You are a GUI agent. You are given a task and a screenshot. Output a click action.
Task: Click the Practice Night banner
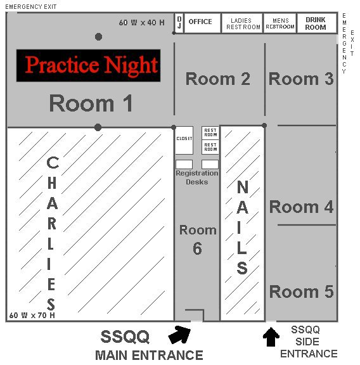[x=88, y=65]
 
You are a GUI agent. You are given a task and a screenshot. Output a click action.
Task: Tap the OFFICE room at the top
[x=202, y=23]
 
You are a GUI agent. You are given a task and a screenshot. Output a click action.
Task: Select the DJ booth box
[x=179, y=23]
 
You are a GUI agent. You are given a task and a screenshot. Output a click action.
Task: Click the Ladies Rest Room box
[x=242, y=23]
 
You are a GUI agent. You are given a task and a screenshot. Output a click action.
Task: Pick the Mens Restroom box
[x=280, y=23]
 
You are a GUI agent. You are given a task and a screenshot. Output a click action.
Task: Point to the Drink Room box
[x=317, y=23]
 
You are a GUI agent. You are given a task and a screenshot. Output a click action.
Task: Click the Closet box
[x=184, y=140]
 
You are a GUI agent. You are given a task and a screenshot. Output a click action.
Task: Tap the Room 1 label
[x=91, y=103]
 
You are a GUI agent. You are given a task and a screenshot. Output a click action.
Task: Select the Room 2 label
[x=218, y=79]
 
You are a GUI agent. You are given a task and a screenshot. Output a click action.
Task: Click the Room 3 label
[x=301, y=79]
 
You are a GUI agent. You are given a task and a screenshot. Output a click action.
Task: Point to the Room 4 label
[x=301, y=207]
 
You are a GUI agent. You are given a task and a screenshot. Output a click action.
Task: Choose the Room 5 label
[x=301, y=291]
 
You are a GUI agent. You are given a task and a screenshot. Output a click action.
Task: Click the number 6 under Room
[x=197, y=248]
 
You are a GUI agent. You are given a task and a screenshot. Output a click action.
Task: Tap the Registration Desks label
[x=197, y=177]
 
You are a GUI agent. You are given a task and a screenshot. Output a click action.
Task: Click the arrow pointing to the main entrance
[x=179, y=335]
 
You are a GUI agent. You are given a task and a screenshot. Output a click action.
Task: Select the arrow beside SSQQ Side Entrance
[x=271, y=336]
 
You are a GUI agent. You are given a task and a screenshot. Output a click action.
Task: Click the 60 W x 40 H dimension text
[x=141, y=23]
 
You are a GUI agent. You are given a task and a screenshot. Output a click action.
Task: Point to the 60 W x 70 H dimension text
[x=32, y=316]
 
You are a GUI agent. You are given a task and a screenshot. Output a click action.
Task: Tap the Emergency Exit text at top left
[x=30, y=7]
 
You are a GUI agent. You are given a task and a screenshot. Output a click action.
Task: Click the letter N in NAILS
[x=242, y=187]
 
